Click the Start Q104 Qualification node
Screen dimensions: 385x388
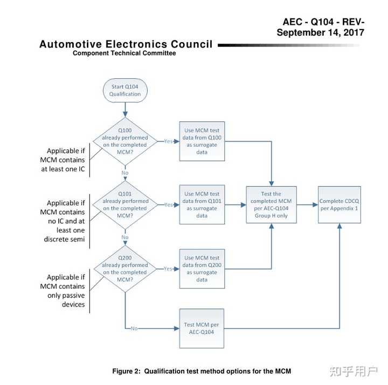(125, 91)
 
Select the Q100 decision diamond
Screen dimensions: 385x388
(125, 141)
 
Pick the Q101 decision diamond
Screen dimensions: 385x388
(125, 205)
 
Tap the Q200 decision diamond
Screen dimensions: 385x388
(125, 269)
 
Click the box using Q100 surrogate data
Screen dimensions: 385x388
(202, 141)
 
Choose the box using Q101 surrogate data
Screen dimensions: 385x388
(202, 205)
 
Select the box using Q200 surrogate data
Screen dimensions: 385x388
(202, 269)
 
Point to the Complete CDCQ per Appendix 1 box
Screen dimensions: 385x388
(339, 205)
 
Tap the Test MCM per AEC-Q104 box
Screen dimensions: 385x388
(202, 328)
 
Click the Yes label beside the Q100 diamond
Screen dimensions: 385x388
(168, 141)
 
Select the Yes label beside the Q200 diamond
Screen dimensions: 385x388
(168, 269)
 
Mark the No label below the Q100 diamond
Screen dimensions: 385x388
(125, 173)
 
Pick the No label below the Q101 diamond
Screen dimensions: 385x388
(125, 237)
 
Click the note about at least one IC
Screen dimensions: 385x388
(63, 160)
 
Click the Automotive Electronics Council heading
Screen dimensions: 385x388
(126, 44)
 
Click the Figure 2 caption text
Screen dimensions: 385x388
(201, 371)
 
